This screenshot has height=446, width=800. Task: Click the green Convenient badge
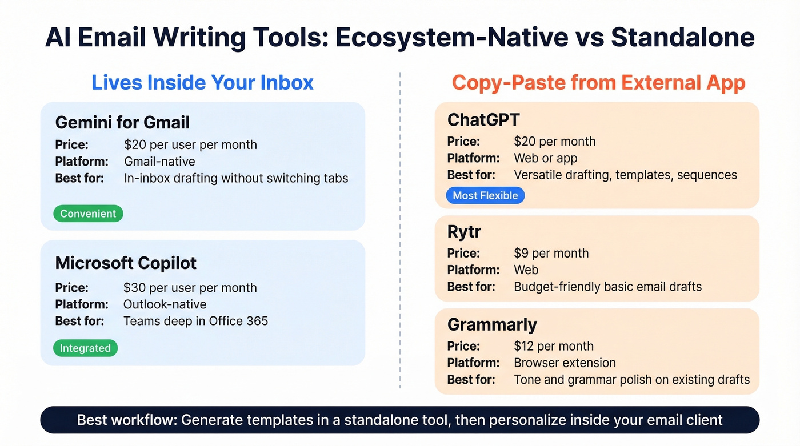pos(88,214)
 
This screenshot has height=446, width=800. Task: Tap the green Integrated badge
pos(85,348)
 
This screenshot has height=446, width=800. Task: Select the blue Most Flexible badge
pos(485,195)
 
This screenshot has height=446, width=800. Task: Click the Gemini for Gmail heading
pos(122,122)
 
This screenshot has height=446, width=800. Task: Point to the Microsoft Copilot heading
pos(126,263)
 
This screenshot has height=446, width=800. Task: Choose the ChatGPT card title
pos(483,119)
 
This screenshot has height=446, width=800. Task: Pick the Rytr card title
pos(464,232)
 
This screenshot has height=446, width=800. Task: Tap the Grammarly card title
pos(492,324)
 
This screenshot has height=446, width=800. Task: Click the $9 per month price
pos(551,253)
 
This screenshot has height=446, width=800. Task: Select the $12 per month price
pos(553,346)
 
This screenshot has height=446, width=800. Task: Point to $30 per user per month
pos(190,287)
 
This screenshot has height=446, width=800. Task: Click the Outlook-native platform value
pos(165,304)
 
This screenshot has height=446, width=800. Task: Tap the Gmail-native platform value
pos(159,161)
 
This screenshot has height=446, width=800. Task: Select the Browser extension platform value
pos(565,363)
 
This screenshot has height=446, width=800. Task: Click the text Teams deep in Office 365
pos(195,321)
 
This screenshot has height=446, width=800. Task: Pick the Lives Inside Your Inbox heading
pos(203,82)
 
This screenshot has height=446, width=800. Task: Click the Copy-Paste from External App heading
pos(598,82)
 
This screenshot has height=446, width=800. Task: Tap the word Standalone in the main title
pos(682,37)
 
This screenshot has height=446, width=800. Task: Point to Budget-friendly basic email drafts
pos(607,286)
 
